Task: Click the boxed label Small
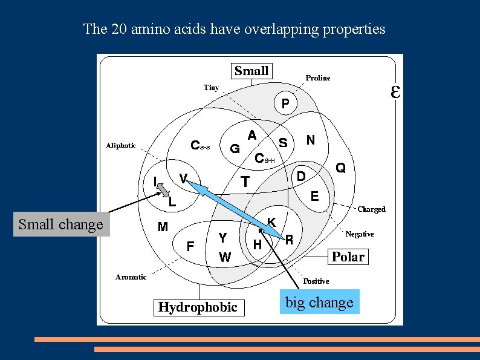(x=251, y=71)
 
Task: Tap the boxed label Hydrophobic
(x=198, y=307)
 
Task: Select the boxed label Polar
(x=348, y=257)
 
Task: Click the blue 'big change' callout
(x=319, y=302)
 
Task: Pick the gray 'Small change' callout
(x=61, y=224)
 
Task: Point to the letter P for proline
(x=285, y=105)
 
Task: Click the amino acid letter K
(x=272, y=223)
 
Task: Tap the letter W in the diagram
(x=224, y=257)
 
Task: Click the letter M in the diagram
(x=163, y=227)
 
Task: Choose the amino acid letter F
(x=190, y=246)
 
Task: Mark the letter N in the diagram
(x=310, y=140)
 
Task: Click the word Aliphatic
(x=121, y=145)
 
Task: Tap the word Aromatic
(x=131, y=277)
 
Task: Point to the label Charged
(x=371, y=209)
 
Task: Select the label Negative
(x=360, y=234)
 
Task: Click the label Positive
(x=316, y=281)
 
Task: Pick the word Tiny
(x=211, y=88)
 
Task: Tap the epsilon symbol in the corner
(x=395, y=92)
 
